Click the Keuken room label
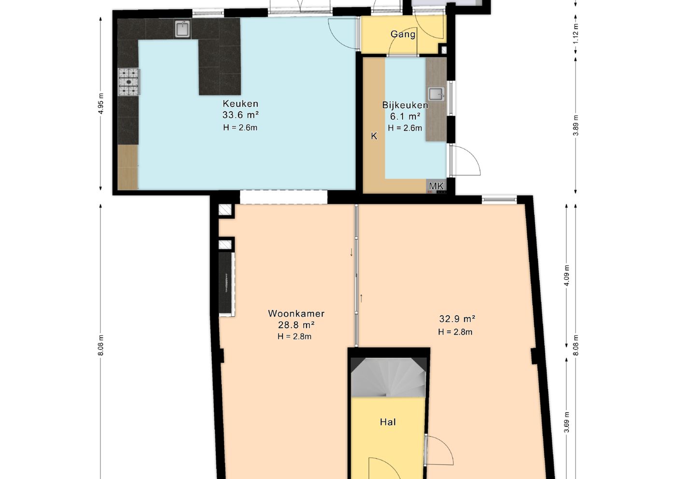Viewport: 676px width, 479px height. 240,103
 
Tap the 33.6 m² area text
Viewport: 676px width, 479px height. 240,115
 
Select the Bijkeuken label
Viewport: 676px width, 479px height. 405,105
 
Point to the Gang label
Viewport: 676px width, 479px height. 403,34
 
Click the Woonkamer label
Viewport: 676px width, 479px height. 296,313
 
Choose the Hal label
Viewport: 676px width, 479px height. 388,422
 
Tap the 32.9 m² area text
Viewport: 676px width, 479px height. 457,319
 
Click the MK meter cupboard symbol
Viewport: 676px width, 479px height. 437,186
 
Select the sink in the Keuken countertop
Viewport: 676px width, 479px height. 183,29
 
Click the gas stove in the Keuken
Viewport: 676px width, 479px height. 129,82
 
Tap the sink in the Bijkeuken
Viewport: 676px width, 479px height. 437,94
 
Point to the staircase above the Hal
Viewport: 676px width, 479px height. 388,378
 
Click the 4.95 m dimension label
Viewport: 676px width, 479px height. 101,103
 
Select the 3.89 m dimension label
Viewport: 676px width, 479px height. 576,125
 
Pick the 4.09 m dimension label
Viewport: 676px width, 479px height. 566,275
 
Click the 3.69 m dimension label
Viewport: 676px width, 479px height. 566,422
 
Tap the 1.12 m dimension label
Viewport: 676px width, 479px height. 576,33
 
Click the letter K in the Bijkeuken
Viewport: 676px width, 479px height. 374,136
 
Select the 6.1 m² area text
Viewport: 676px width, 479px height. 405,116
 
